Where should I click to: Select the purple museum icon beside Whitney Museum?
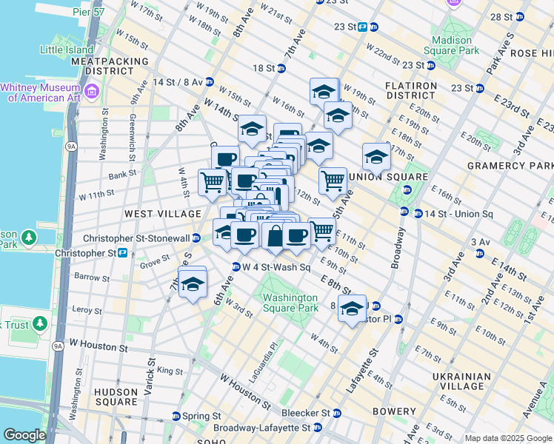[92, 90]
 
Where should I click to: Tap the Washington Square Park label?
[290, 303]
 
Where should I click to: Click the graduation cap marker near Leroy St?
[193, 284]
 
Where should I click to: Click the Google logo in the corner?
[24, 435]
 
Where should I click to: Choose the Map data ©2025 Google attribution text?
[508, 438]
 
